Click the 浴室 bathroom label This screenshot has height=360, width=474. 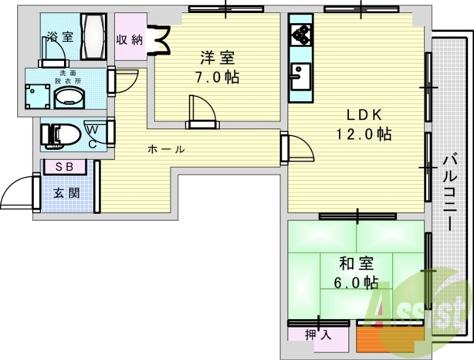coord(60,37)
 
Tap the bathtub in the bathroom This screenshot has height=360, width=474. coord(94,37)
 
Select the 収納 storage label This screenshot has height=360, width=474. coord(129,40)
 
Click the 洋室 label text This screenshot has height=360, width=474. coord(217,58)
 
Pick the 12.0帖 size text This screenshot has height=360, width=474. coord(364,134)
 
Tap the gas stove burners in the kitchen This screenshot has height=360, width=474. coord(301,36)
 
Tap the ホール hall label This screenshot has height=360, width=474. coord(166,149)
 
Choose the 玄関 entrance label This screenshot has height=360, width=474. coord(66,192)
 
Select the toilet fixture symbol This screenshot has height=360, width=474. coord(62,135)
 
